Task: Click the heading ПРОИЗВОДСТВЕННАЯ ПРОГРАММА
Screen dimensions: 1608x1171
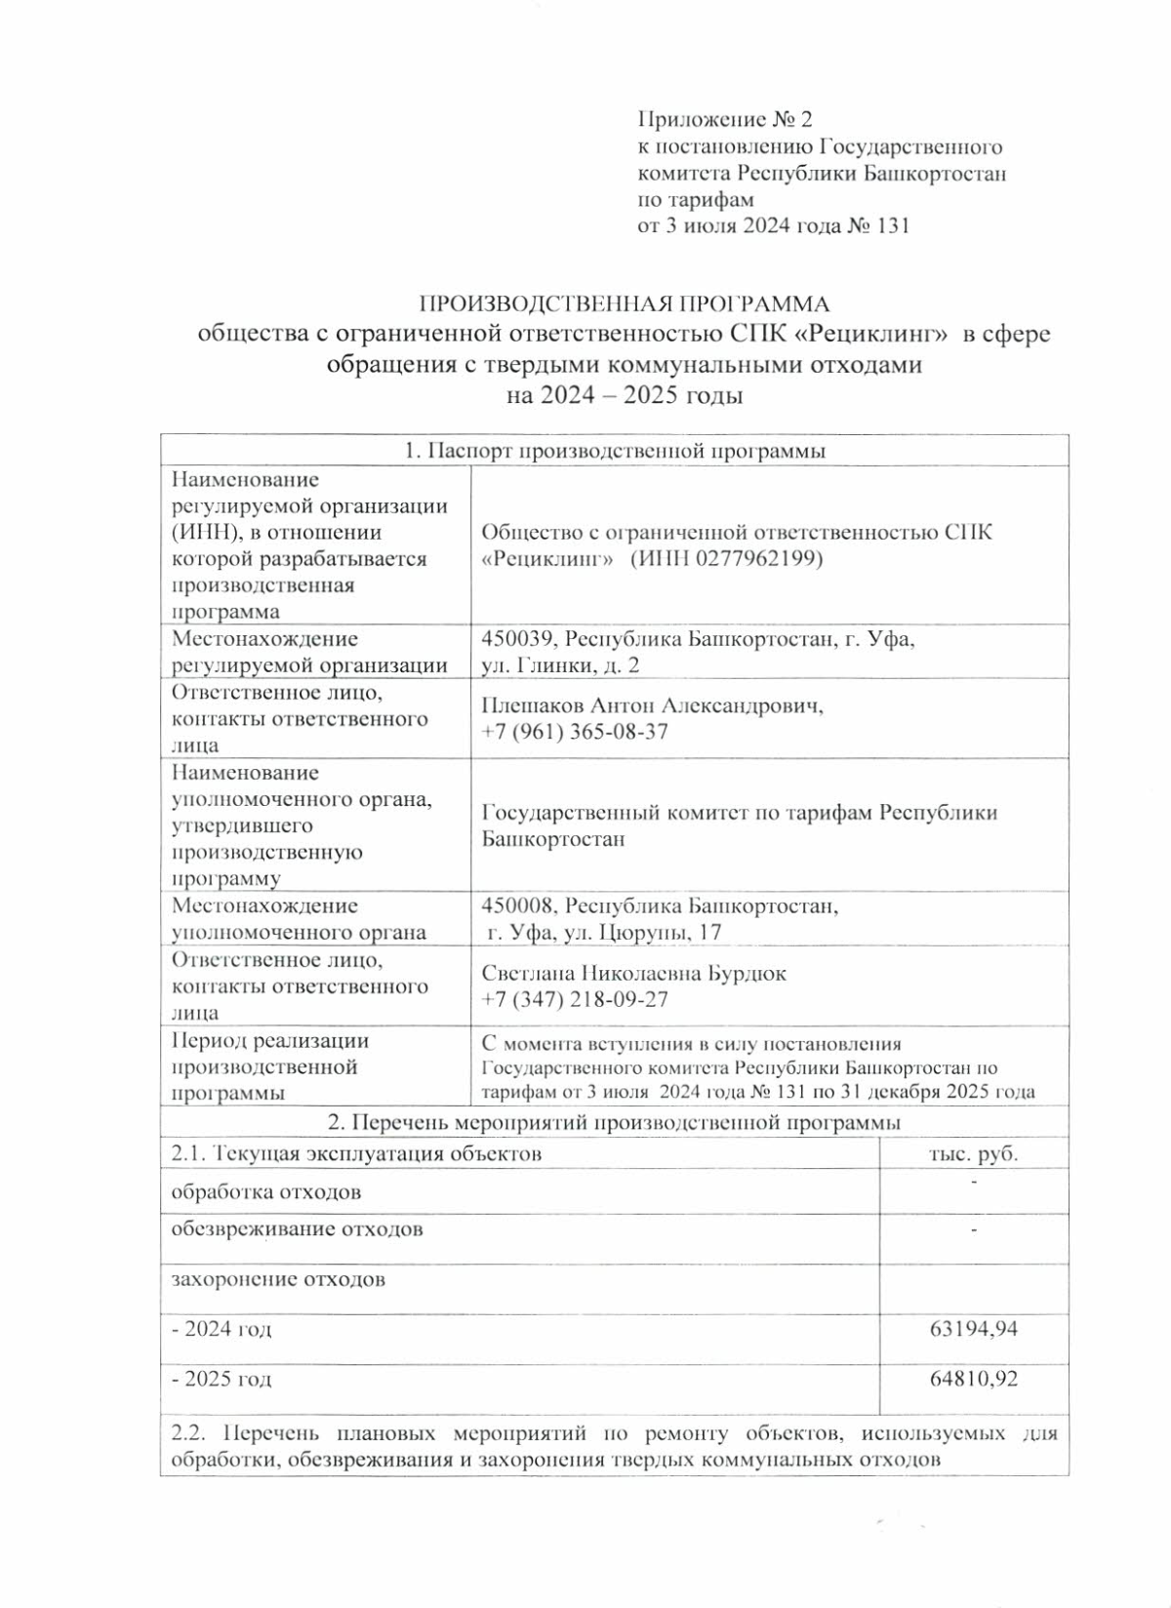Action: tap(624, 303)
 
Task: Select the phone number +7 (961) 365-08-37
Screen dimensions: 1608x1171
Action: tap(575, 732)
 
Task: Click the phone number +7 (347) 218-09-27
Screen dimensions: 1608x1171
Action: tap(575, 999)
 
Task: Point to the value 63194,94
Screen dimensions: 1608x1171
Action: tap(975, 1328)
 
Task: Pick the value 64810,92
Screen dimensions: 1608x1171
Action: tap(975, 1379)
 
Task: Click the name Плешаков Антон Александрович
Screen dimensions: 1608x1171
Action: tap(652, 705)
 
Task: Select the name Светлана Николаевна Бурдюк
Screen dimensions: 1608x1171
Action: tap(634, 973)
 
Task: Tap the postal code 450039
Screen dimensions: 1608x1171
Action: tap(518, 639)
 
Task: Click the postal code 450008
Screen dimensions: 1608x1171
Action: tap(518, 906)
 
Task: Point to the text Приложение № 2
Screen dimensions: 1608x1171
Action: tap(724, 120)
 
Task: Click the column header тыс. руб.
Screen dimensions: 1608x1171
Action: tap(972, 1154)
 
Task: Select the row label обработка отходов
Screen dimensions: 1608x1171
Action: tap(266, 1192)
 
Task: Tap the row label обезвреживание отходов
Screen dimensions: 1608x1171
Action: tap(298, 1228)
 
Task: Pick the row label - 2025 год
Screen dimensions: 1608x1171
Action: tap(222, 1379)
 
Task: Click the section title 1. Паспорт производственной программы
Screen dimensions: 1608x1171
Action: tap(615, 451)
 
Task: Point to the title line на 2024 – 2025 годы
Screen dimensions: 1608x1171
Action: tap(625, 396)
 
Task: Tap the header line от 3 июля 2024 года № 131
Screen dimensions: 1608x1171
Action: tap(773, 226)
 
